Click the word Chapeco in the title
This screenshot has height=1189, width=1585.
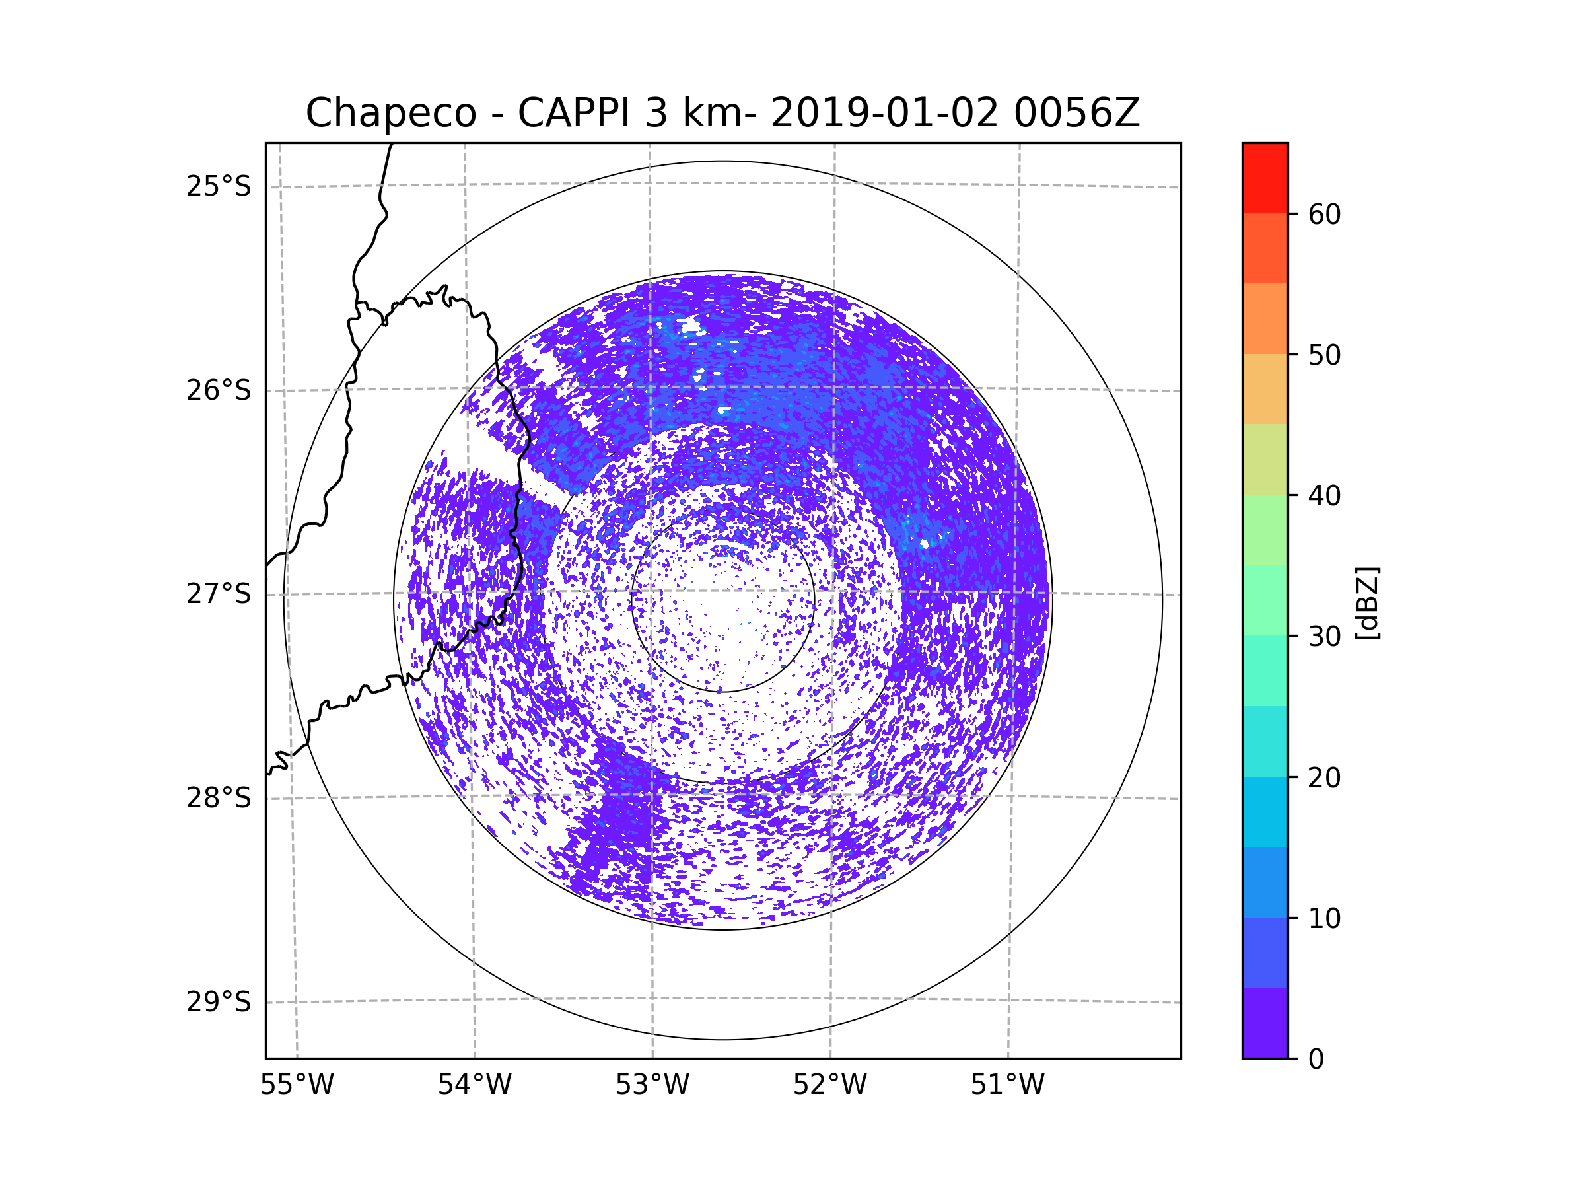(x=390, y=113)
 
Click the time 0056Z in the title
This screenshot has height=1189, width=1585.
(x=1076, y=113)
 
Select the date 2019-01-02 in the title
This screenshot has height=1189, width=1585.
(x=884, y=113)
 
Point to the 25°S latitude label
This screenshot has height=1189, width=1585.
(x=219, y=186)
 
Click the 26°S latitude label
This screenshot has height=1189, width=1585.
(x=219, y=390)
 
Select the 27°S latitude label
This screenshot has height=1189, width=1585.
(x=219, y=594)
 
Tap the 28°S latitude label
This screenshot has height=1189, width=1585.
(x=219, y=798)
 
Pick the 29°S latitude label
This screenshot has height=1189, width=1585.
(x=219, y=1002)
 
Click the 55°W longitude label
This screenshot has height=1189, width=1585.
(x=297, y=1085)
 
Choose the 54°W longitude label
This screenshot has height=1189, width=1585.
(x=474, y=1085)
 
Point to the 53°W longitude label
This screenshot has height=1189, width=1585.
(x=652, y=1085)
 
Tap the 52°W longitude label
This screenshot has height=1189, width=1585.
(x=829, y=1085)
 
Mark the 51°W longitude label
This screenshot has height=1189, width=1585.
(x=1007, y=1085)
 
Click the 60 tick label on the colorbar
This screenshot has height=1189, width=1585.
(x=1324, y=214)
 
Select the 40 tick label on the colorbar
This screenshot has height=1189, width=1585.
(x=1324, y=496)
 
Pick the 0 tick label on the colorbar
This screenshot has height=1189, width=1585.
(x=1316, y=1060)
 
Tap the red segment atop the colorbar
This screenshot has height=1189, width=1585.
(x=1265, y=178)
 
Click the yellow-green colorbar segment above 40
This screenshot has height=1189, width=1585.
(x=1265, y=459)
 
